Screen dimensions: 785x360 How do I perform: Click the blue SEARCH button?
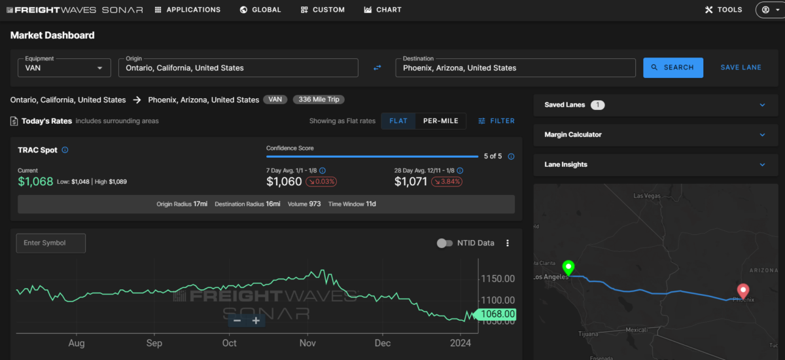[673, 67]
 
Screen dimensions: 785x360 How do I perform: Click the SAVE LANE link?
[741, 67]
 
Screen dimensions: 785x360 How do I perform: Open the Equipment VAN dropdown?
[64, 67]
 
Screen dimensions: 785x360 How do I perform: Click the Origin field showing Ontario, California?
[238, 67]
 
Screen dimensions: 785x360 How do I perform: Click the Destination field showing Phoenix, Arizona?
[515, 67]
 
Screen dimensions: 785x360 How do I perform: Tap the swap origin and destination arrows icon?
[377, 67]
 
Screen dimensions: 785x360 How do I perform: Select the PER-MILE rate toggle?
[440, 121]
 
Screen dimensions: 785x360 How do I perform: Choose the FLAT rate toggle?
[398, 121]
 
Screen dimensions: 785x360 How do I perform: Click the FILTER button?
[497, 121]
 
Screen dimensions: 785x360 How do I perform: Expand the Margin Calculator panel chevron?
[762, 135]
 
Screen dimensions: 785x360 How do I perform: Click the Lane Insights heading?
[566, 164]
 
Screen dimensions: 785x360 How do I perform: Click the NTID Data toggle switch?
[444, 243]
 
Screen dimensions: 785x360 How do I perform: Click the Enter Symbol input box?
[51, 243]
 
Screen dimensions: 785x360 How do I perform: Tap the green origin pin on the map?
[568, 267]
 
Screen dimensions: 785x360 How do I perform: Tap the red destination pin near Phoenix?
[743, 290]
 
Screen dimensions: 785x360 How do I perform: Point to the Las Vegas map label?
[646, 196]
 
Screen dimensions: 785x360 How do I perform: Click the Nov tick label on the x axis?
[307, 343]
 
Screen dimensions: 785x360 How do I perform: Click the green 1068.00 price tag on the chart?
[495, 314]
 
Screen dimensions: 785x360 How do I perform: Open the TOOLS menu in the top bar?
[724, 10]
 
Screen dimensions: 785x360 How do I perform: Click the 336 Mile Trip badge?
[319, 99]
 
